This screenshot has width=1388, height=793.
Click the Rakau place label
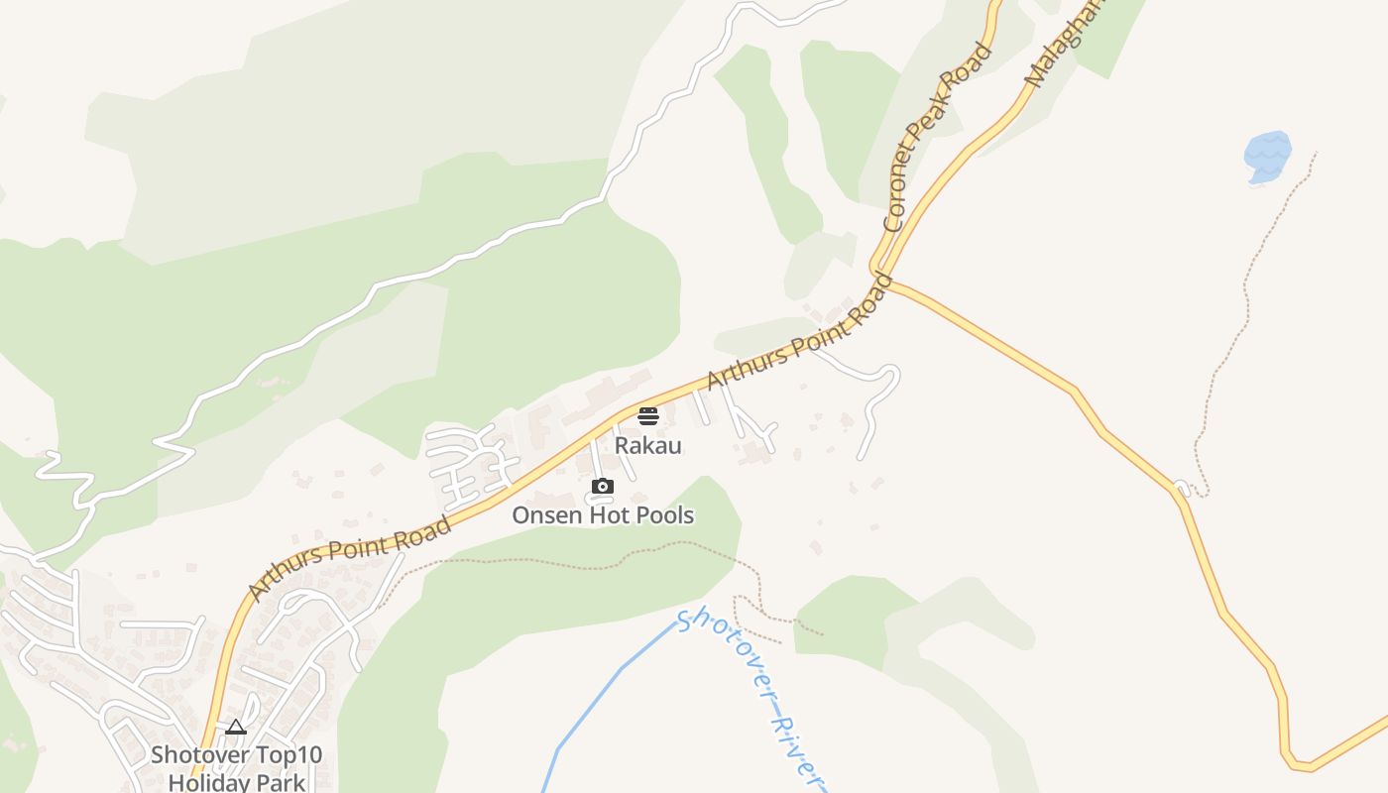(x=647, y=445)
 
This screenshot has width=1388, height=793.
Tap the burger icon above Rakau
(x=648, y=415)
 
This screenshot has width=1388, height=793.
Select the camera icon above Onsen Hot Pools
(x=602, y=486)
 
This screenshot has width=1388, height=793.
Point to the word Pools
(x=661, y=515)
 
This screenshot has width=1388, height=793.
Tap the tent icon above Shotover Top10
(x=235, y=728)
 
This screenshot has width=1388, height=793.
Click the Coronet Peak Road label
(x=937, y=136)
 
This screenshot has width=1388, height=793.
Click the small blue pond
(x=1267, y=156)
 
